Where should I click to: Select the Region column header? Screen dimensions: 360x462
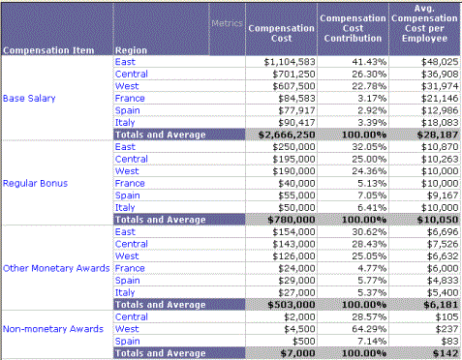(131, 49)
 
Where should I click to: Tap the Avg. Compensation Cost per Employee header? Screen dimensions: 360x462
(422, 30)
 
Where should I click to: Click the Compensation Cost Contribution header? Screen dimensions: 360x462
(353, 30)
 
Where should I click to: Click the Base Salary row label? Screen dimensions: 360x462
(28, 98)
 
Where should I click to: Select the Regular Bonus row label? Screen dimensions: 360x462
(35, 182)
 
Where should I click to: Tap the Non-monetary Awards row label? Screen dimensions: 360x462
(52, 328)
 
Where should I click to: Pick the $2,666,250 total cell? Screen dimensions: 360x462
(284, 135)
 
